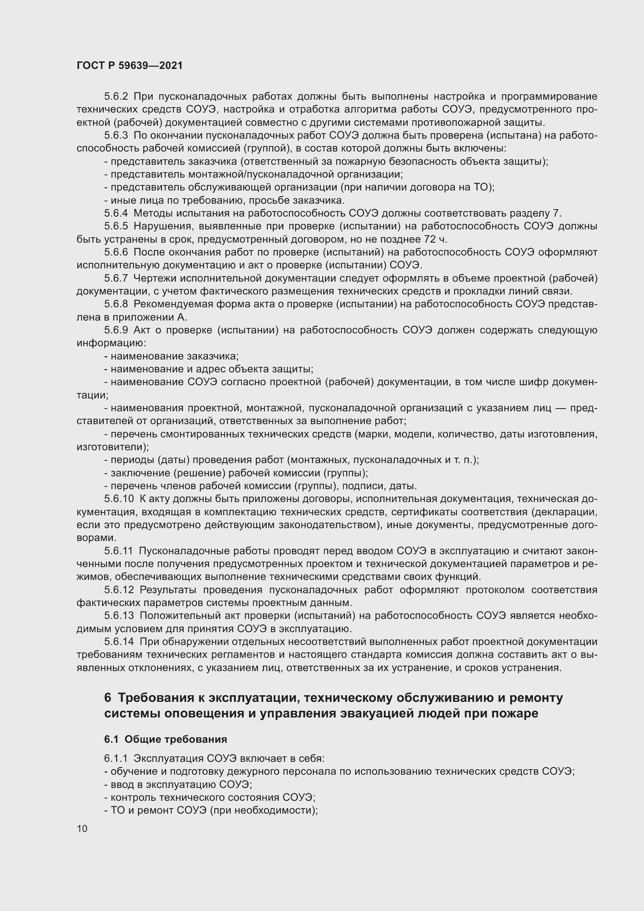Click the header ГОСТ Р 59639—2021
(x=130, y=65)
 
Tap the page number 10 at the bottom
(x=82, y=828)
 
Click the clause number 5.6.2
(x=116, y=97)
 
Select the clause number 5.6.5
(x=116, y=226)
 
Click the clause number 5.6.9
(x=116, y=330)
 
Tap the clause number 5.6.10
(x=119, y=499)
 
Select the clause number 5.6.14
(x=119, y=641)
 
